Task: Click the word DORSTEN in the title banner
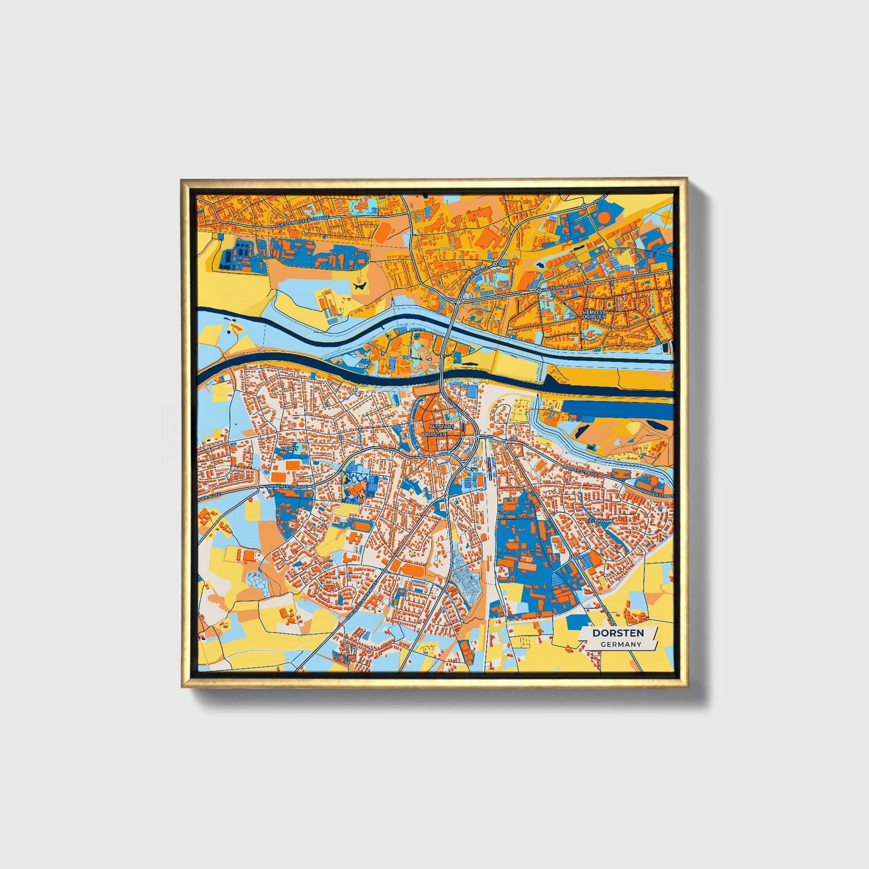[618, 633]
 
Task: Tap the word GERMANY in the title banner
[621, 644]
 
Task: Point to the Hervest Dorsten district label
[594, 315]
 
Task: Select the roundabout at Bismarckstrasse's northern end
[496, 263]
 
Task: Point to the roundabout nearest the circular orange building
[584, 206]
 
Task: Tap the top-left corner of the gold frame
[182, 180]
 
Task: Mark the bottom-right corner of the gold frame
[686, 686]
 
